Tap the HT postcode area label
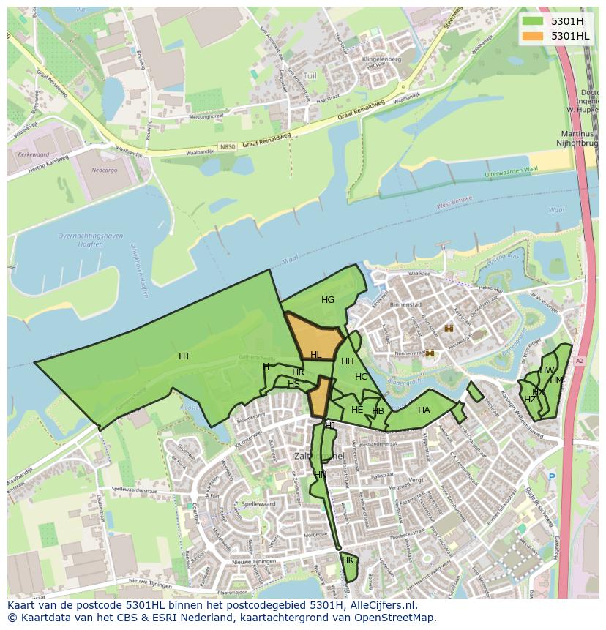[184, 356]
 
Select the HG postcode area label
[327, 300]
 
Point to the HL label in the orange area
[315, 355]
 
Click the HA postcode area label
[424, 410]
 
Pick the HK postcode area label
[348, 560]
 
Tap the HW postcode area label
[547, 370]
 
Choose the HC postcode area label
[361, 377]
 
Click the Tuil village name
[310, 75]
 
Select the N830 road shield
[228, 147]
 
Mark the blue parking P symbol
[551, 477]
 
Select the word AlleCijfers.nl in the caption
[380, 606]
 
